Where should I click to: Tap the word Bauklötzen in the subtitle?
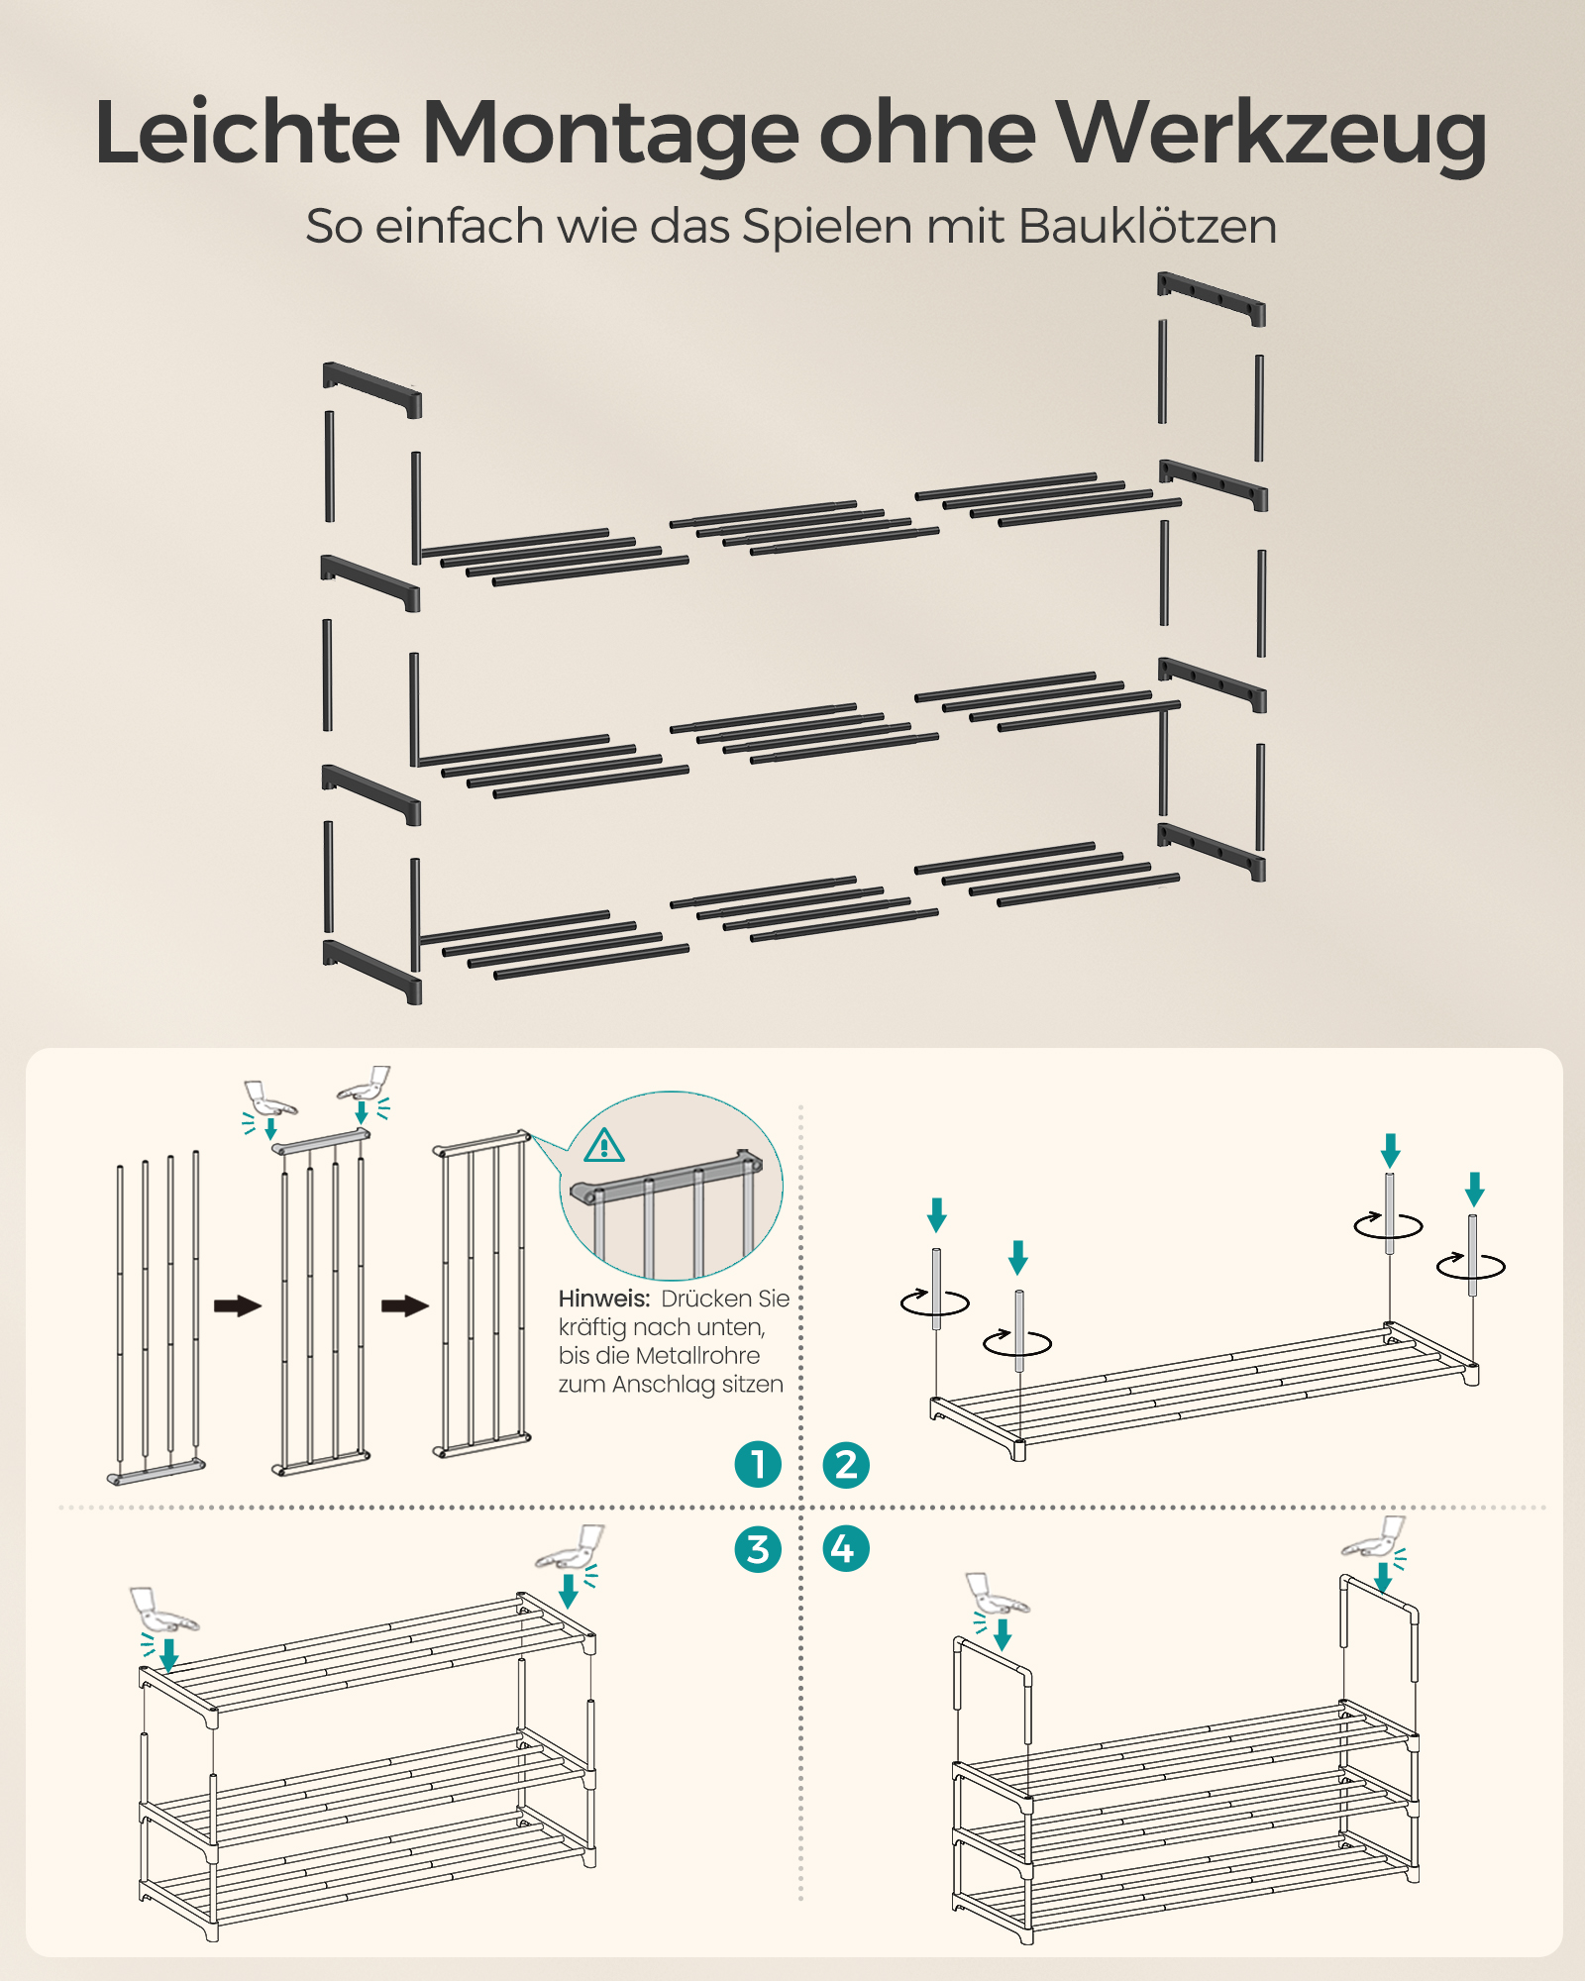tap(1147, 226)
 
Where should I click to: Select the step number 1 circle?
tap(758, 1464)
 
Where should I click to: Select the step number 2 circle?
tap(846, 1464)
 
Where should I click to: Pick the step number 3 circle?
tap(758, 1549)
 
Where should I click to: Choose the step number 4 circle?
tap(846, 1549)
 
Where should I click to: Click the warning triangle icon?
tap(604, 1145)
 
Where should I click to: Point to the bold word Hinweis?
tap(603, 1299)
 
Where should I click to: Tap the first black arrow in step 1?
tap(238, 1305)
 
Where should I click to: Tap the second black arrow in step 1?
tap(405, 1305)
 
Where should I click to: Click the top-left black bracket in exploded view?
tap(372, 388)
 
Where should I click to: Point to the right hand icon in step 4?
tap(1375, 1538)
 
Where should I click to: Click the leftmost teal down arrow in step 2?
tap(936, 1214)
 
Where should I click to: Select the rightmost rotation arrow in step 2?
tap(1471, 1265)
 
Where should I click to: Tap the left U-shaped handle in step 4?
tap(993, 1654)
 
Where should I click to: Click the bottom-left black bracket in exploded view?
tap(372, 971)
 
